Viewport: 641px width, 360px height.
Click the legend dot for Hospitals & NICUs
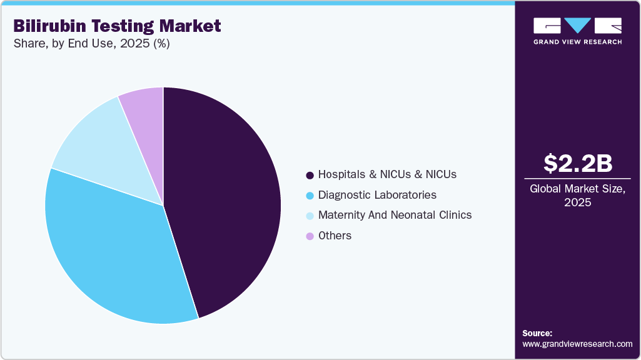click(309, 174)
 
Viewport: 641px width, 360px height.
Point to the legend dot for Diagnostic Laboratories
click(309, 195)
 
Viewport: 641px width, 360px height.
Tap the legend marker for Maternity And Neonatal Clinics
click(309, 215)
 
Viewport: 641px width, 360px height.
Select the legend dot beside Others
click(309, 236)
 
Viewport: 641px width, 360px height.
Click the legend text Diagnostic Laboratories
click(377, 195)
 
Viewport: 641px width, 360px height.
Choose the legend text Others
click(335, 236)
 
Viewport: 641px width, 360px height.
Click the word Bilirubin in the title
click(48, 26)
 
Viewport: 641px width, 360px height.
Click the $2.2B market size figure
click(577, 163)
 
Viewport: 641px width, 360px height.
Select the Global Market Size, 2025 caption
click(577, 195)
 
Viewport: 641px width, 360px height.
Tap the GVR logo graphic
click(577, 26)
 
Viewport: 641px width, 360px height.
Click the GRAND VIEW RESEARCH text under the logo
click(577, 42)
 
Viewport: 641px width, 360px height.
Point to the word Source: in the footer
click(537, 333)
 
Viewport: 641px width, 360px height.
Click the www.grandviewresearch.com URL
click(577, 344)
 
